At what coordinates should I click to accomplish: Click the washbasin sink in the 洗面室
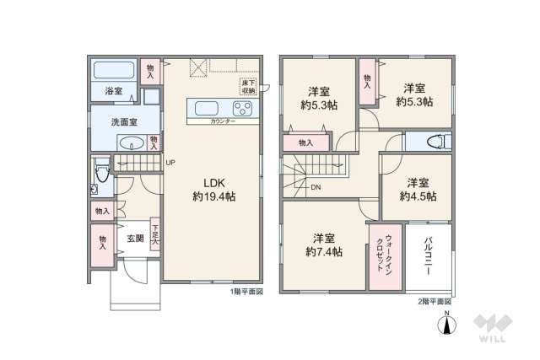point(129,142)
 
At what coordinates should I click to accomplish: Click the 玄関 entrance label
point(135,239)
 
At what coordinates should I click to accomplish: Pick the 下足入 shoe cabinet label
point(155,231)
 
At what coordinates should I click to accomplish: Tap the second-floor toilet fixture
point(435,142)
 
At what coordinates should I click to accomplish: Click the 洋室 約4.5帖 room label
point(417,190)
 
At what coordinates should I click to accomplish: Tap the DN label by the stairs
point(314,187)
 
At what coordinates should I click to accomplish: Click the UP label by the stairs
point(170,163)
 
